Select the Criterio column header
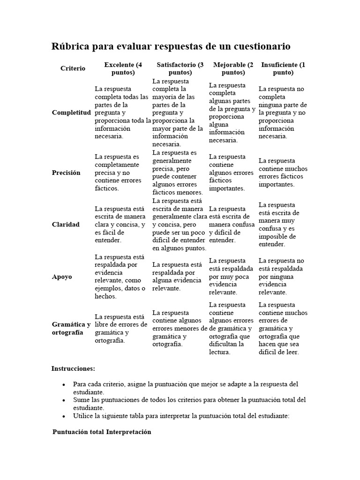point(73,68)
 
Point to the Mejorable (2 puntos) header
point(233,68)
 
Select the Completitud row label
point(71,112)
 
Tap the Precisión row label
point(66,172)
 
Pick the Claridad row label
point(66,225)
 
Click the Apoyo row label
point(62,277)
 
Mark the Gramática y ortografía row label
point(71,328)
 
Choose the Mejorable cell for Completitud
point(232,112)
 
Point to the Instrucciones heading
point(73,368)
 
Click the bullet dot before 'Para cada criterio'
point(64,384)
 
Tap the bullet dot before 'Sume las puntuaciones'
point(64,400)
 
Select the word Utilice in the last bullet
point(83,416)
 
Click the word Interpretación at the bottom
point(128,432)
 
